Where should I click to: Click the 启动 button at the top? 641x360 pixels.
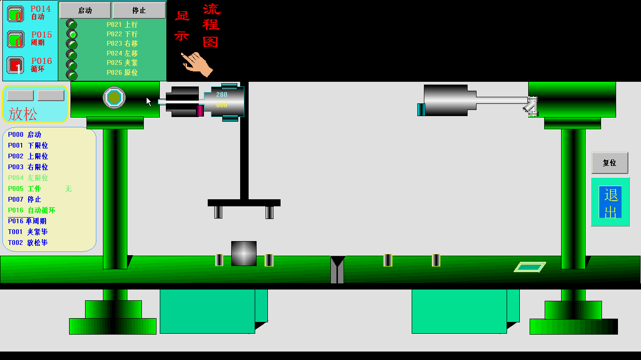point(85,10)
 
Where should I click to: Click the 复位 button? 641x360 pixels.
point(610,163)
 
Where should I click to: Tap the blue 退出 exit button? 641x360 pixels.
point(610,202)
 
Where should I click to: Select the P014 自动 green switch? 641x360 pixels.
point(16,14)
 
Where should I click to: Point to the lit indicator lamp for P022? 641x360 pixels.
point(72,34)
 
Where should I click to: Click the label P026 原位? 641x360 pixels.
point(122,73)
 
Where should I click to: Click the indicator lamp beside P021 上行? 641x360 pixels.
point(71,24)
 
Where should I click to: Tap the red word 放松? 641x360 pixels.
point(23,114)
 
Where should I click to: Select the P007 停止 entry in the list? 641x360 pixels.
point(24,199)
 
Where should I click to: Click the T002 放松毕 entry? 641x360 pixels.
point(28,243)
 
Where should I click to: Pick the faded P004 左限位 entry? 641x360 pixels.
point(28,178)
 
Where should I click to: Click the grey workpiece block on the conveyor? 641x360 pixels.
point(243,253)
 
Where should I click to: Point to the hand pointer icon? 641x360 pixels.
point(198,64)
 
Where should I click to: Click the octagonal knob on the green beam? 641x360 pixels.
point(114,97)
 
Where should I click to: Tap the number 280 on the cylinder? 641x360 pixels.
point(222,94)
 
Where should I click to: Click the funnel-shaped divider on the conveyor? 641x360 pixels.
point(337,269)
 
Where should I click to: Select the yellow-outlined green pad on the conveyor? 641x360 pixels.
point(530,267)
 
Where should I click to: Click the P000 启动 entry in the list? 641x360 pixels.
point(24,134)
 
